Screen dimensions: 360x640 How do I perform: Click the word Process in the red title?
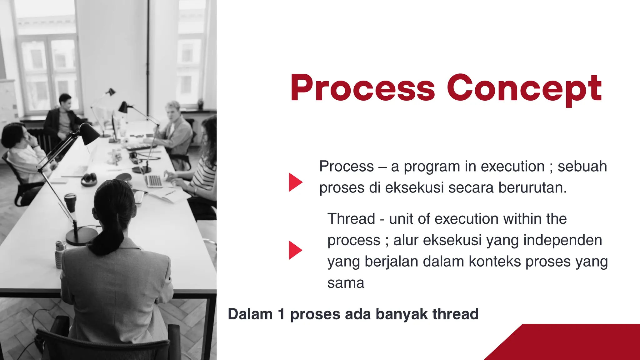click(x=362, y=88)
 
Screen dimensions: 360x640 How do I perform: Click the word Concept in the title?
click(x=524, y=89)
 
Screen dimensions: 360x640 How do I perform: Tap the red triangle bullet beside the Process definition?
click(x=295, y=182)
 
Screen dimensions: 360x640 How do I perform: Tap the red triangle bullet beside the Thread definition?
click(x=295, y=250)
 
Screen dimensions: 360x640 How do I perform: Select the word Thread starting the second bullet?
click(x=351, y=218)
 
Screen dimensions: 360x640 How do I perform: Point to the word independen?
click(x=562, y=240)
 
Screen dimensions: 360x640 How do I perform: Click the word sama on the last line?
click(x=346, y=283)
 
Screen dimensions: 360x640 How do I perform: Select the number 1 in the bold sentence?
click(x=281, y=314)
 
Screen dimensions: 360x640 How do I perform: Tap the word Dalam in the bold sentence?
click(x=250, y=314)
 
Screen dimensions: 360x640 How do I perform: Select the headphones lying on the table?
click(x=89, y=179)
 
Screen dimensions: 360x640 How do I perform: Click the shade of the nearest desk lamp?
click(x=89, y=133)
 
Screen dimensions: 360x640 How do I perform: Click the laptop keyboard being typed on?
click(x=154, y=181)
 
